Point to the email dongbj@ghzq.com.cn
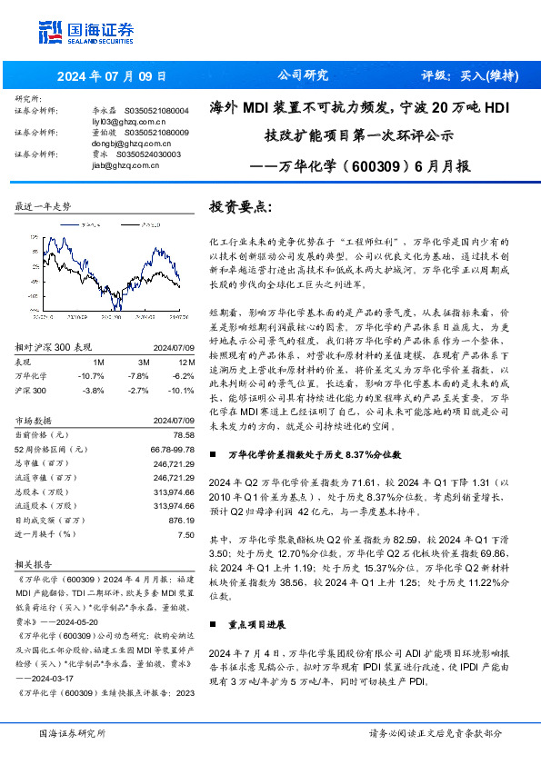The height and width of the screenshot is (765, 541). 125,143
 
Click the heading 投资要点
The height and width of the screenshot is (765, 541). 240,208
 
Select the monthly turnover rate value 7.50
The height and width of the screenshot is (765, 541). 186,534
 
